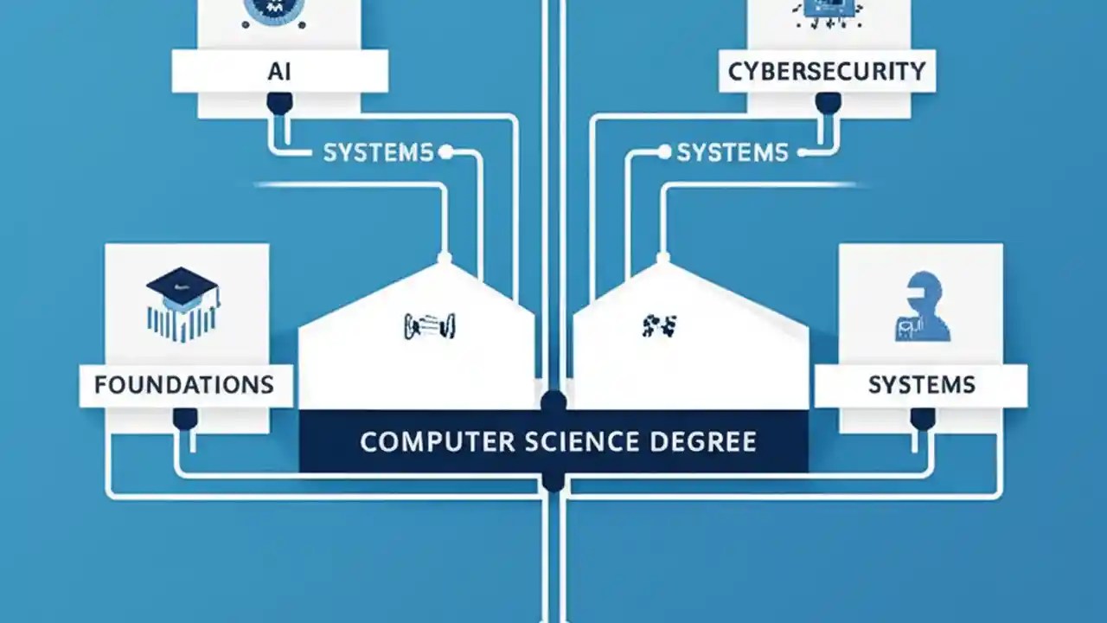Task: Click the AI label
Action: pyautogui.click(x=278, y=71)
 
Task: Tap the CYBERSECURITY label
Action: pyautogui.click(x=827, y=71)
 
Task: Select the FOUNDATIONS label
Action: pyautogui.click(x=184, y=384)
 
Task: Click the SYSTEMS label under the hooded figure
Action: pyautogui.click(x=922, y=384)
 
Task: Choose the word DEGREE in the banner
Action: pyautogui.click(x=701, y=441)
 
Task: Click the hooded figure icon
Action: pyautogui.click(x=922, y=306)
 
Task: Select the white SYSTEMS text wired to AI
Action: pyautogui.click(x=377, y=153)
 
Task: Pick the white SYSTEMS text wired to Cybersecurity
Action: pyautogui.click(x=732, y=153)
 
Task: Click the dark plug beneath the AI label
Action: pyautogui.click(x=278, y=105)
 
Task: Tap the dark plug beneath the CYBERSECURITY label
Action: pyautogui.click(x=828, y=104)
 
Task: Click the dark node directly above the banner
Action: pyautogui.click(x=553, y=401)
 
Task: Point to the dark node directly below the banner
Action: pyautogui.click(x=553, y=481)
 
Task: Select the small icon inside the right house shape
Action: pyautogui.click(x=660, y=325)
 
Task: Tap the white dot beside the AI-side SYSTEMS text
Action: pyautogui.click(x=445, y=153)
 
